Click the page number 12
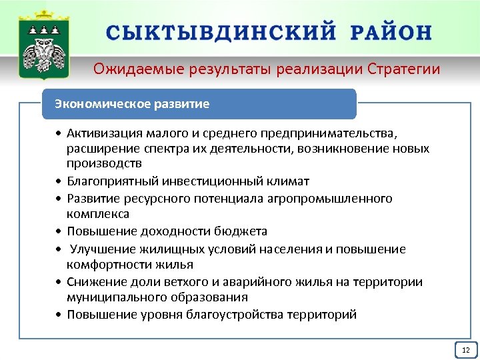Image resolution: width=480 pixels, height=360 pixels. [x=465, y=350]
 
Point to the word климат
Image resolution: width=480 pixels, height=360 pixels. [x=291, y=181]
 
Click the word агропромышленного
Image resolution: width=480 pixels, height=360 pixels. [x=335, y=199]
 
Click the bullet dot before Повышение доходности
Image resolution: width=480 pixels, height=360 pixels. [x=60, y=232]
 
